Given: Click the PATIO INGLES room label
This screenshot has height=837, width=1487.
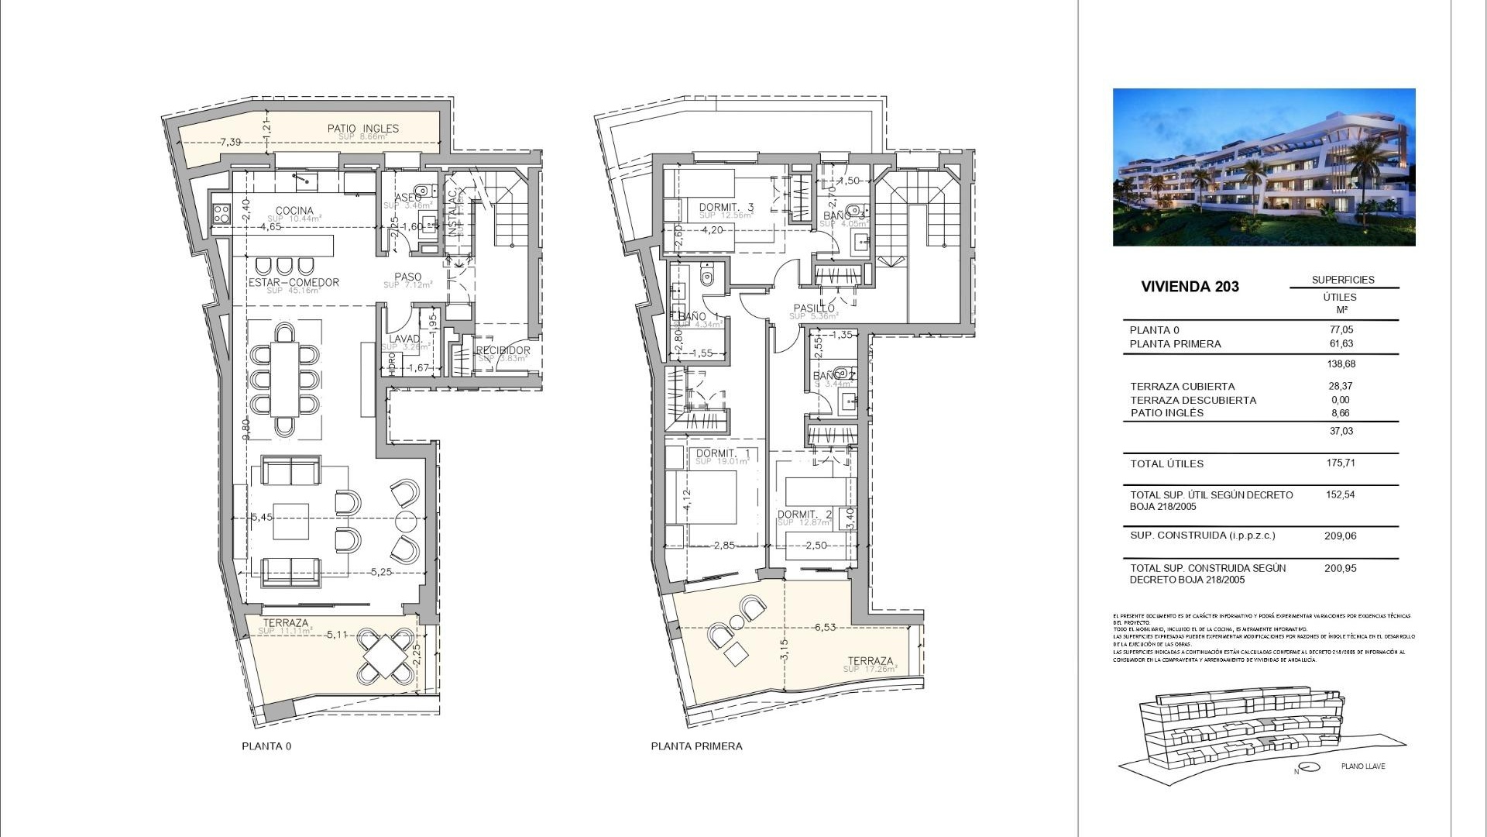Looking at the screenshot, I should click(x=362, y=129).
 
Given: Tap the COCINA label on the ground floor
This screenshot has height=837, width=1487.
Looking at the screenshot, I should click(x=294, y=211).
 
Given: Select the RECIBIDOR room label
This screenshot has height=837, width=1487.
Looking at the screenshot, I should click(x=503, y=350).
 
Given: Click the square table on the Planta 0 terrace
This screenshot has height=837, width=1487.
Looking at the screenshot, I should click(x=385, y=656).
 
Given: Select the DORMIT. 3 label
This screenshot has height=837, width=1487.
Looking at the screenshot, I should click(x=726, y=208).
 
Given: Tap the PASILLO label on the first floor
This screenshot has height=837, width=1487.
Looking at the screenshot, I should click(x=813, y=308).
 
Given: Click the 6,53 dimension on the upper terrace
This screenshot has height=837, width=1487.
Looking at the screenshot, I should click(x=825, y=627).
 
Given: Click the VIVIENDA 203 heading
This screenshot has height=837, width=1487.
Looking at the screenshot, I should click(x=1190, y=287).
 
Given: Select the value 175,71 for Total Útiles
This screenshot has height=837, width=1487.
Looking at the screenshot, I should click(x=1341, y=463).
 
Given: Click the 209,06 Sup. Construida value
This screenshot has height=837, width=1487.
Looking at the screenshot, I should click(x=1341, y=536).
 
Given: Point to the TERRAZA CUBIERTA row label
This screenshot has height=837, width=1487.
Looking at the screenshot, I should click(x=1182, y=387).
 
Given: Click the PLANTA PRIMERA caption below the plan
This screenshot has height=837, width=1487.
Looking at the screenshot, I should click(x=696, y=746).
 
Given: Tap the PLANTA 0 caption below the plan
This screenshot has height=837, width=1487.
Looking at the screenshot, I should click(x=266, y=746).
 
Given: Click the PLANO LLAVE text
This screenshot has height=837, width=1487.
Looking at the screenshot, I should click(x=1363, y=766).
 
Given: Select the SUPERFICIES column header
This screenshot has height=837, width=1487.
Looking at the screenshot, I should click(x=1343, y=280).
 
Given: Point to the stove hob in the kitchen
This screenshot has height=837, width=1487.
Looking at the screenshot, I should click(x=221, y=213).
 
